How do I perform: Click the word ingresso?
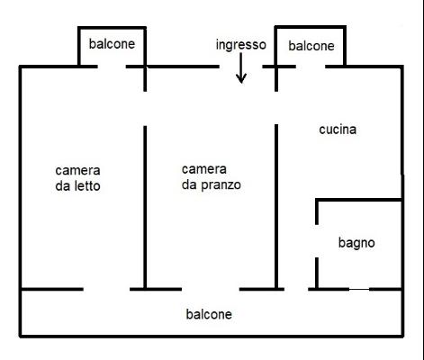(241, 45)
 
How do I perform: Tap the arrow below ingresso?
(241, 68)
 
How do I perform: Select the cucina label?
(338, 130)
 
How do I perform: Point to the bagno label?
(356, 243)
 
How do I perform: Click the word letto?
(87, 186)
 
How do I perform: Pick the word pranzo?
(221, 185)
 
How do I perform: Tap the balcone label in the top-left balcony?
(112, 44)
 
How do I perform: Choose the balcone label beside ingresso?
(311, 46)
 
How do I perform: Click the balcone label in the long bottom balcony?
(209, 314)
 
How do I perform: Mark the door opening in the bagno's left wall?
(317, 241)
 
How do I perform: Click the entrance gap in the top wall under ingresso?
(241, 67)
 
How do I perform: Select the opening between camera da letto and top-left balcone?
(112, 67)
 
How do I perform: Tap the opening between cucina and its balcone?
(311, 67)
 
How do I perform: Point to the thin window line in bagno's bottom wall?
(359, 289)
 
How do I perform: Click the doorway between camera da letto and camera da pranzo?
(145, 109)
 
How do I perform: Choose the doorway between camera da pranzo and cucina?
(276, 108)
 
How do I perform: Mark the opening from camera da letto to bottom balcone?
(106, 289)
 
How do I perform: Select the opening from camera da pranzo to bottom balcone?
(211, 289)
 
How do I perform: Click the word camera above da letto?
(77, 171)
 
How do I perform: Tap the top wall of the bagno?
(359, 200)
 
